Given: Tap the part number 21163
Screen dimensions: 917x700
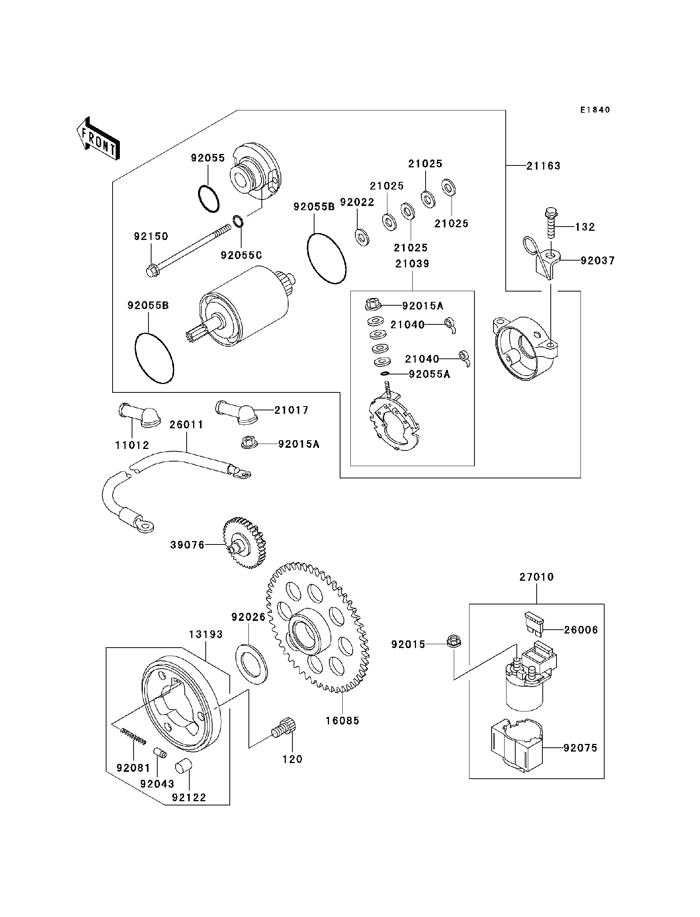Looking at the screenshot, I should [x=544, y=166].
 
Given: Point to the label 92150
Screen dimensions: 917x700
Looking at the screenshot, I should [x=151, y=237].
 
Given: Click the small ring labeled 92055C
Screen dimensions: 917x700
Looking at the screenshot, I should [x=238, y=220].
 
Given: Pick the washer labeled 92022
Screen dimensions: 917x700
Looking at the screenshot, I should [x=362, y=237].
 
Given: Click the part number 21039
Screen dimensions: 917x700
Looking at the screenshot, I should [x=412, y=264].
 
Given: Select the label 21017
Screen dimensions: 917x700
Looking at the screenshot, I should [x=291, y=410].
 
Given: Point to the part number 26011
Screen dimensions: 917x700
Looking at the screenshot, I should [x=186, y=424].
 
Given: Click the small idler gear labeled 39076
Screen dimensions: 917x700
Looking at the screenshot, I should [x=245, y=543].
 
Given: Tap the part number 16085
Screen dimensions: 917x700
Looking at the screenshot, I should [x=342, y=721].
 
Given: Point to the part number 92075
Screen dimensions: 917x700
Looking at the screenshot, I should [x=580, y=748].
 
